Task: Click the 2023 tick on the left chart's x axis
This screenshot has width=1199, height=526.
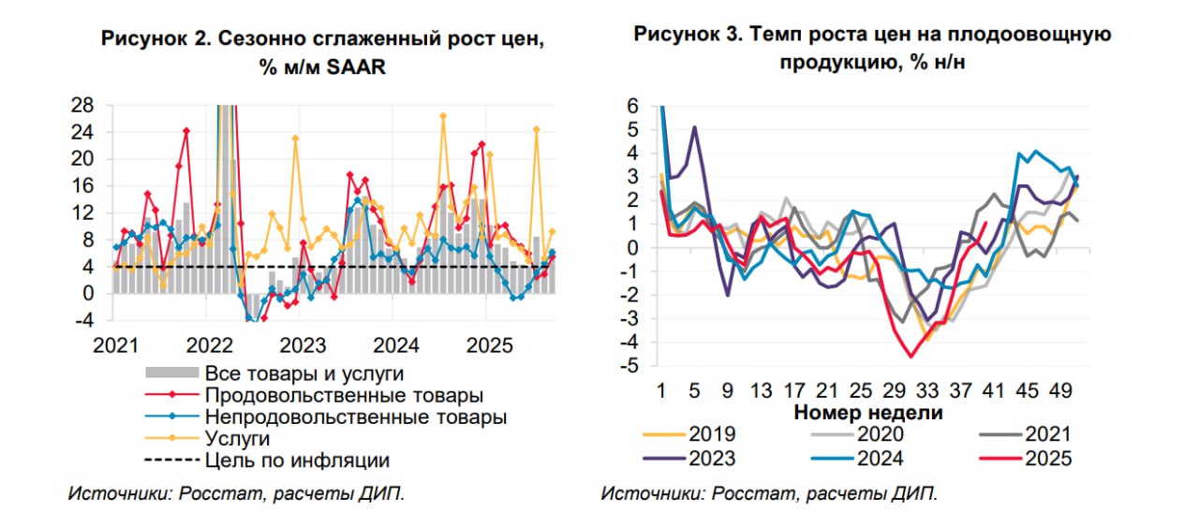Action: tap(302, 344)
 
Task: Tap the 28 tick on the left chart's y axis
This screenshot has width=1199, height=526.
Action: tap(81, 105)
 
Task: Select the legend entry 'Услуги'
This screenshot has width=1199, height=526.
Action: tap(237, 438)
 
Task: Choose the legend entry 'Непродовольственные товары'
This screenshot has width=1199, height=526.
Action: tap(355, 416)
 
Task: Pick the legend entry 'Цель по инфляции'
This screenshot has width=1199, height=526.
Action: tap(296, 460)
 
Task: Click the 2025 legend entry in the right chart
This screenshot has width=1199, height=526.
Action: tap(1048, 458)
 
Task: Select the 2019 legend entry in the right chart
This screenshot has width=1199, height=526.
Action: tap(712, 433)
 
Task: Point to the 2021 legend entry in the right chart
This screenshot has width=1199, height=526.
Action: tap(1048, 433)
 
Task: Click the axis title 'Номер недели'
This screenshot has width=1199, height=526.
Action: tap(868, 412)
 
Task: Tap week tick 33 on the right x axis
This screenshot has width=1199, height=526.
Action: tap(928, 389)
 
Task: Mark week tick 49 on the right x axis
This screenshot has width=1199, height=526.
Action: tap(1062, 389)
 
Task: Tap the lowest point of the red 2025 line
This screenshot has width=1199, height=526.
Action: tap(910, 357)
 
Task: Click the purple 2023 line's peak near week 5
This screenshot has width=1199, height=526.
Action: tap(694, 127)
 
